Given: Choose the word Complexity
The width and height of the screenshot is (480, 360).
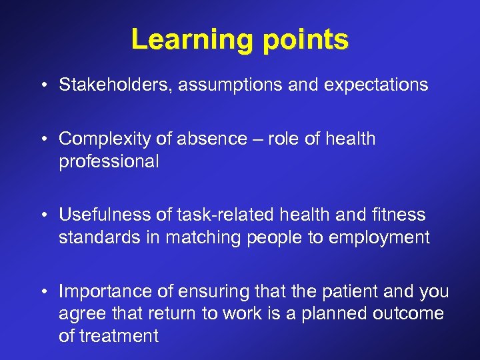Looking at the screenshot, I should click(x=100, y=139).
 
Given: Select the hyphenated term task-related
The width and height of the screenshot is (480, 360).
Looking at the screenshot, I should click(x=216, y=215).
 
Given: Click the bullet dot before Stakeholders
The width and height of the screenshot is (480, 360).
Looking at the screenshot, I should click(x=43, y=85).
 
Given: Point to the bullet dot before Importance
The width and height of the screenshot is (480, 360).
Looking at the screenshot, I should click(x=43, y=292).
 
